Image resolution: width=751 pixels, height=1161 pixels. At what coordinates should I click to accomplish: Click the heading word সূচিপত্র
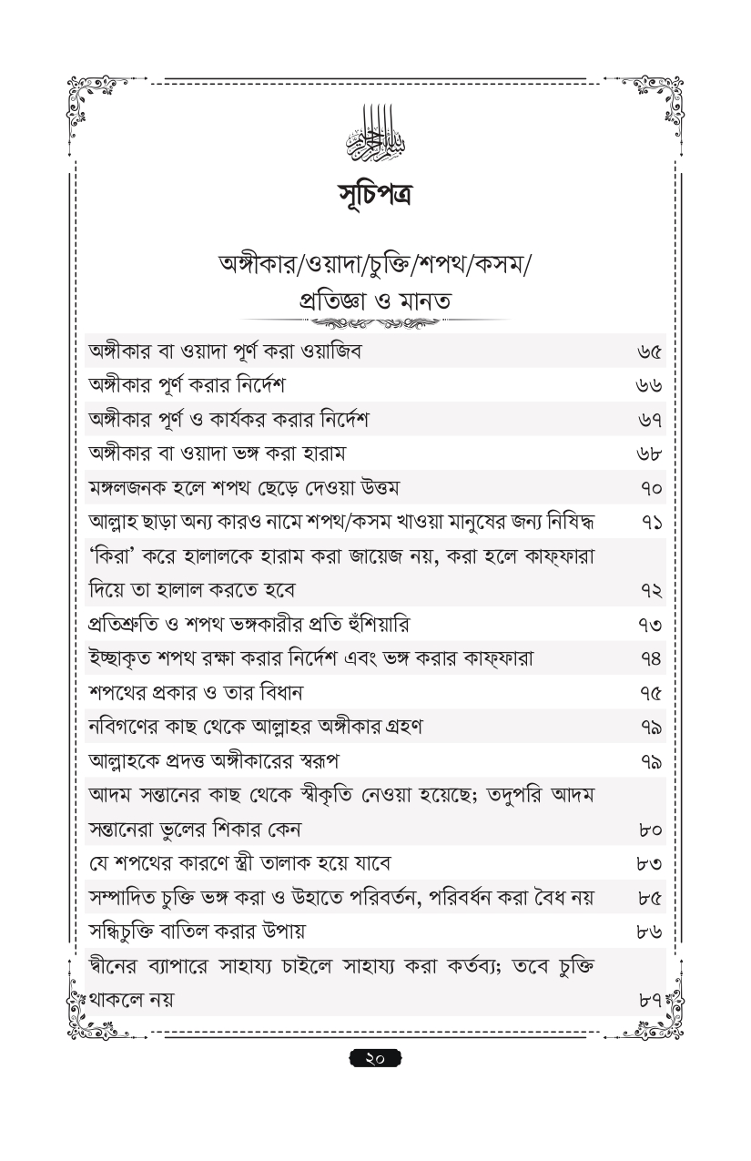tap(375, 193)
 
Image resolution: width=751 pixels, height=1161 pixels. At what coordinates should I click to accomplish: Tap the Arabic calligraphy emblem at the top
tap(375, 135)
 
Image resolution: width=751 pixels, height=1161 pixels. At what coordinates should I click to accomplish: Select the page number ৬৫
tap(650, 352)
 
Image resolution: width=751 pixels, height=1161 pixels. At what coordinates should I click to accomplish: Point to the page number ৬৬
tap(650, 386)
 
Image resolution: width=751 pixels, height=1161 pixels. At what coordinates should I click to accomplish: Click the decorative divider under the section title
tap(375, 322)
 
